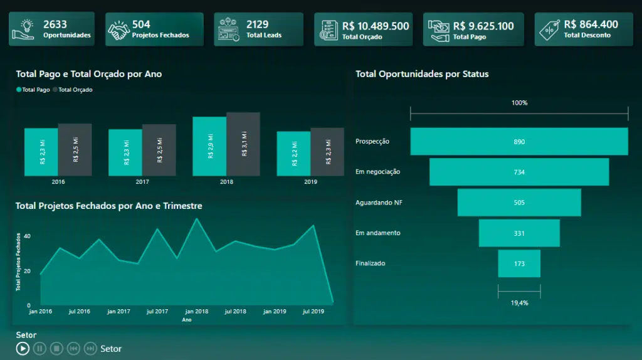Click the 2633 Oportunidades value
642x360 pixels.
tap(55, 24)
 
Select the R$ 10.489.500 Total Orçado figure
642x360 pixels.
tap(376, 26)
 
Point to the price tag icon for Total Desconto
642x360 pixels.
tap(550, 29)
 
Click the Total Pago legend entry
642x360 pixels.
tap(33, 90)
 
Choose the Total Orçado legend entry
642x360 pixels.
tap(73, 90)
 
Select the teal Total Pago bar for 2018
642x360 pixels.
tap(209, 146)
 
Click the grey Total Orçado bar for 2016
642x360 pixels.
tap(75, 149)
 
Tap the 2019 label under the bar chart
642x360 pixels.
tap(310, 182)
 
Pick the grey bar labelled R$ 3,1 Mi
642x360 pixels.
tap(243, 144)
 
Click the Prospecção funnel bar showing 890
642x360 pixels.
tap(519, 142)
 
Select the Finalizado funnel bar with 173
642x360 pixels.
tap(519, 263)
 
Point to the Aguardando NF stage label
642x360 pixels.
tap(379, 203)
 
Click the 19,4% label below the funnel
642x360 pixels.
tap(519, 303)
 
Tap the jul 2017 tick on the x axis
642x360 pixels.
tap(157, 311)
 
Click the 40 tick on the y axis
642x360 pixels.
tap(28, 236)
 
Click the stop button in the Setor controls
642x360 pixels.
tap(56, 348)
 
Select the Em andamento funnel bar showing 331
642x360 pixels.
tap(519, 233)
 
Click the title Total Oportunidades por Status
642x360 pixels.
tap(422, 74)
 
